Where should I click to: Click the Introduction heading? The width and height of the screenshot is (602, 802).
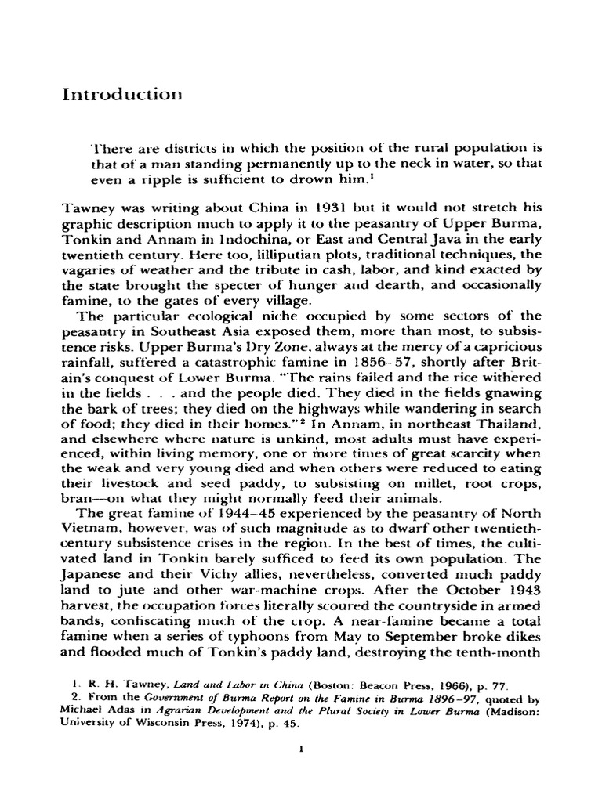121,95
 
